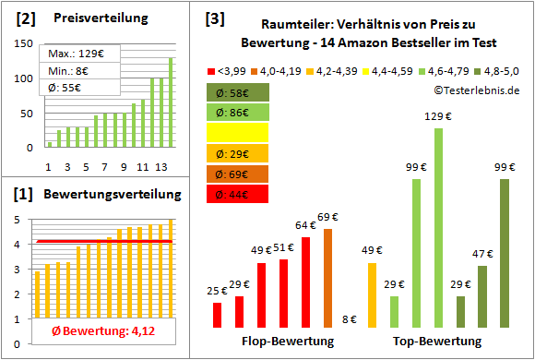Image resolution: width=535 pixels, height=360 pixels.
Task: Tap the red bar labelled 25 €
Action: pyautogui.click(x=217, y=315)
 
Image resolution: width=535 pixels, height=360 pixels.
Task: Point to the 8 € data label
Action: pyautogui.click(x=350, y=319)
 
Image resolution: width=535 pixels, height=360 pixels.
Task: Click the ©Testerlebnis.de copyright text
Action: pyautogui.click(x=474, y=90)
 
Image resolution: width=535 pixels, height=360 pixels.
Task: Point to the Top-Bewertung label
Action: pyautogui.click(x=437, y=342)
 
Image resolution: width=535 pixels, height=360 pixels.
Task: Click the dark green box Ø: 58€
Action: pyautogui.click(x=238, y=91)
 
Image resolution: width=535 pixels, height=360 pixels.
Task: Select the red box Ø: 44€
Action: pyautogui.click(x=238, y=193)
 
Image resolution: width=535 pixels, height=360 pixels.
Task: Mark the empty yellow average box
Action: pyautogui.click(x=238, y=132)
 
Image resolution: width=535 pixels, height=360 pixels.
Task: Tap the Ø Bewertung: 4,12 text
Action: pyautogui.click(x=98, y=330)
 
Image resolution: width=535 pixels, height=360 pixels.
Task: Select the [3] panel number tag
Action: pyautogui.click(x=214, y=18)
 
